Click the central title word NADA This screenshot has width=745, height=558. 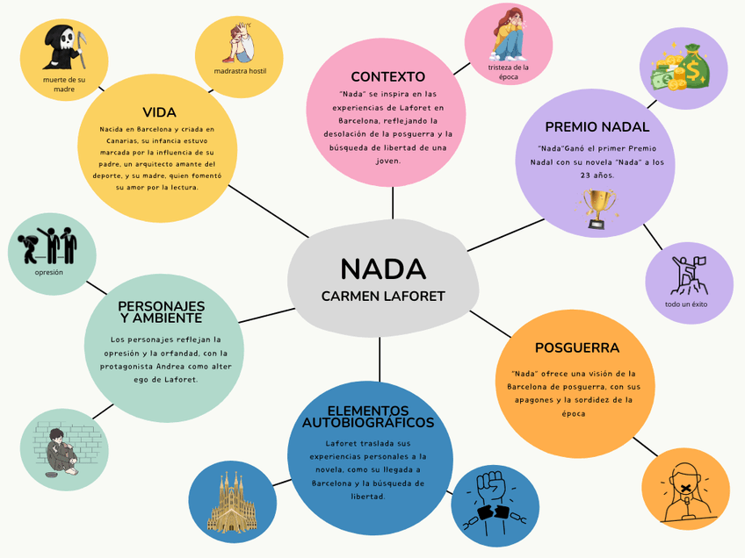[x=383, y=268]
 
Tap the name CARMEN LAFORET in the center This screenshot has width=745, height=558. [x=383, y=297]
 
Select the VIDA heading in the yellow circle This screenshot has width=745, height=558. [x=159, y=112]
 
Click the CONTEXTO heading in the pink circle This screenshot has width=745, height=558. [x=387, y=76]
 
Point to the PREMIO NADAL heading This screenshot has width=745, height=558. [x=597, y=126]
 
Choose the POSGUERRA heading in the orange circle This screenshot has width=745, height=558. [x=576, y=347]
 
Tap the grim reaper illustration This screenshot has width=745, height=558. [x=64, y=48]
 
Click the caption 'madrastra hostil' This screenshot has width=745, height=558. [x=240, y=71]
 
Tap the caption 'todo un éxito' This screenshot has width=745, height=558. [x=686, y=304]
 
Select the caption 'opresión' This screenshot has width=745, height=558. [x=49, y=272]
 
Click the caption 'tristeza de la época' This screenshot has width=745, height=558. [x=509, y=72]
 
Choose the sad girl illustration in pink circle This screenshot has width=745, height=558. [x=510, y=33]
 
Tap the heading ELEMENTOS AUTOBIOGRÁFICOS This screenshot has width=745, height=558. [x=368, y=417]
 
